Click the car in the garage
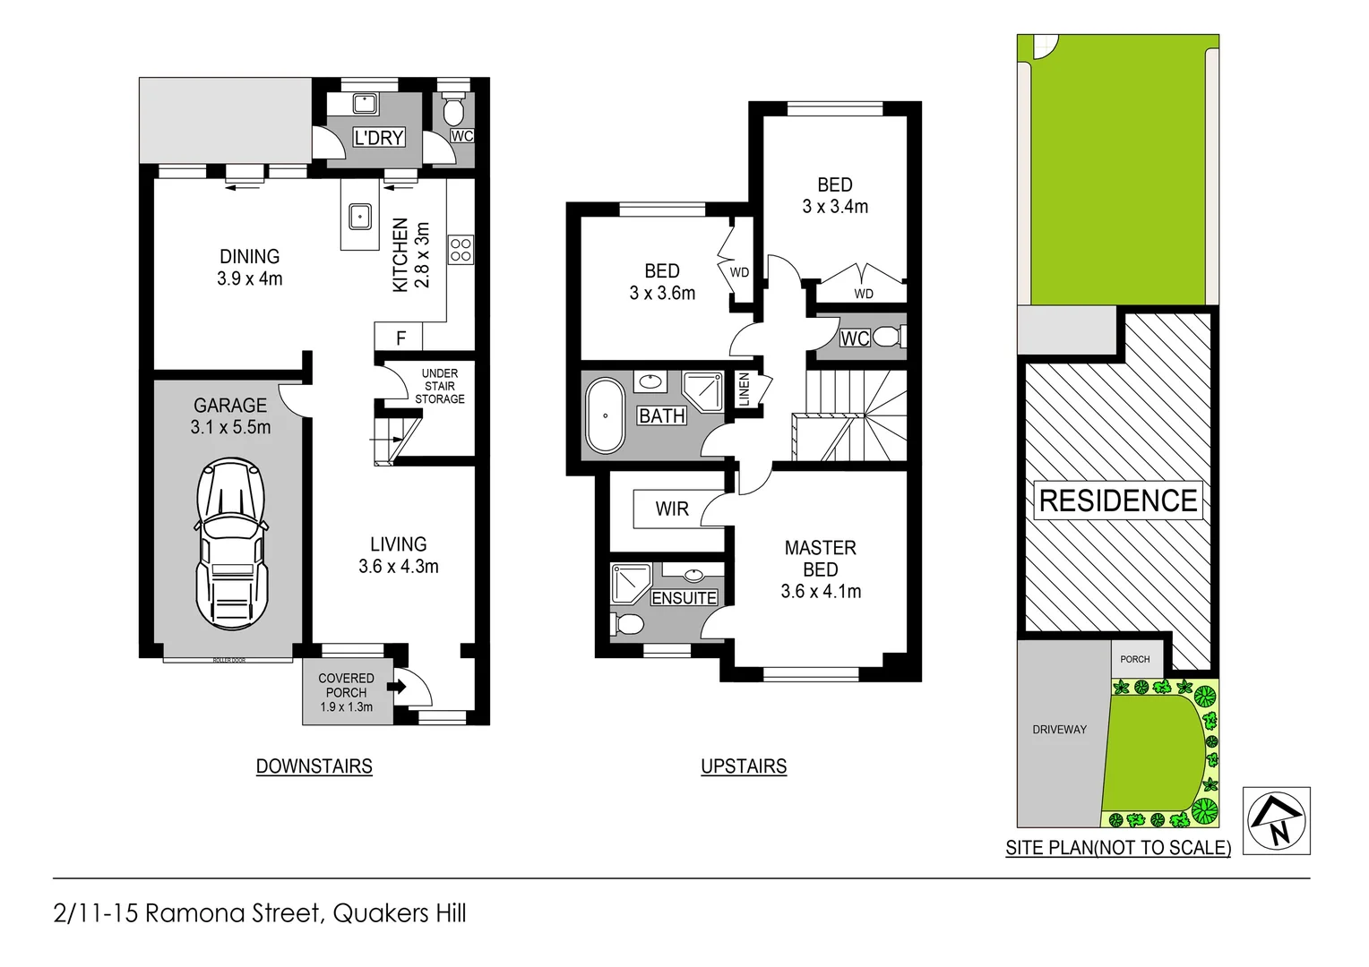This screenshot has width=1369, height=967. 232,545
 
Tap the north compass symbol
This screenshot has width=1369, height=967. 1277,820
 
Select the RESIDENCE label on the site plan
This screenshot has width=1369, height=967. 1117,501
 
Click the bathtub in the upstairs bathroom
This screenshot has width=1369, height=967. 605,415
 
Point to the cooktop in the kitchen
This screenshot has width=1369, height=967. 461,250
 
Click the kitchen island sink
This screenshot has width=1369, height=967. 360,216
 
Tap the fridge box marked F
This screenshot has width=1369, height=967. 400,338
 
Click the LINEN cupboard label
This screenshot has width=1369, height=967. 744,390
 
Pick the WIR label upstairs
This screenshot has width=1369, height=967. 672,509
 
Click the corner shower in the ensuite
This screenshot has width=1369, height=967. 631,583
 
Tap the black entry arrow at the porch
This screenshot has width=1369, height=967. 397,687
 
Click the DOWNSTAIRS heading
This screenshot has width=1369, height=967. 314,766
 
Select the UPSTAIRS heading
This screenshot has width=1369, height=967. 744,766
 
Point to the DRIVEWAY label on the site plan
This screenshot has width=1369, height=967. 1059,730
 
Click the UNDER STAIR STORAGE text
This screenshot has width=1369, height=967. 440,386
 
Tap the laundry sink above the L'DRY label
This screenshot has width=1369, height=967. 365,104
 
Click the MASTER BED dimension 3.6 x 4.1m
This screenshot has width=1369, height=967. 821,591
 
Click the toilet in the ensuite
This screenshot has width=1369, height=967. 627,623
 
